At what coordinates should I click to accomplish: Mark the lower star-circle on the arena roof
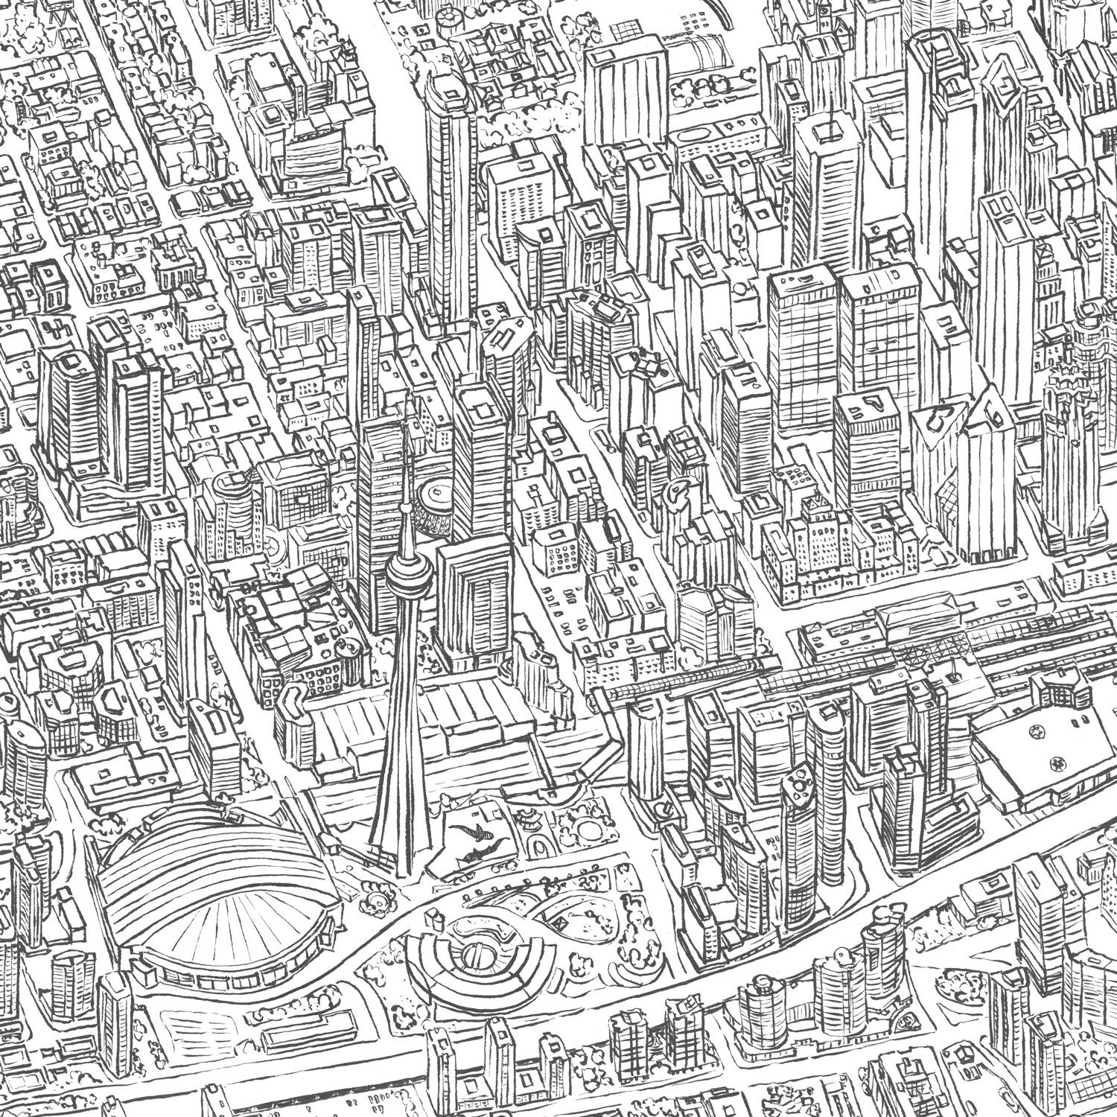pyautogui.click(x=1055, y=761)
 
